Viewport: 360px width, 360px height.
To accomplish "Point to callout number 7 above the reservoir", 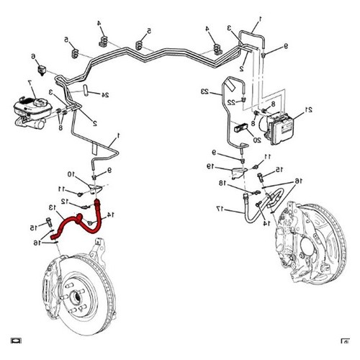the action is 30,83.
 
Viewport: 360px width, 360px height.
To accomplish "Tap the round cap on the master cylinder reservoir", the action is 40,103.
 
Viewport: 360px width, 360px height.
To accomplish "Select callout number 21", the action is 308,109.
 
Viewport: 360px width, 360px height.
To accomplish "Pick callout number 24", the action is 105,95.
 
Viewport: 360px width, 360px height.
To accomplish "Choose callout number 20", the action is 257,140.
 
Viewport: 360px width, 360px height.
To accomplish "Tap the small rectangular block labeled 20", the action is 240,127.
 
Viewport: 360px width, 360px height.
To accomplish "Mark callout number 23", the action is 205,91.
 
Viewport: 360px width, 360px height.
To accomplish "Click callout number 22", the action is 231,103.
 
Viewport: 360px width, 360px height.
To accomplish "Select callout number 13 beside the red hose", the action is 52,207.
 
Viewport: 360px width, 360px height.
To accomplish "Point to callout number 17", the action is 220,209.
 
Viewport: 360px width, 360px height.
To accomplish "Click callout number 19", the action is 210,166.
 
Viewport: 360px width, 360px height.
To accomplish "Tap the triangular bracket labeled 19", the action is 239,172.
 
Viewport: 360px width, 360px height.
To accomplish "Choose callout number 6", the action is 33,56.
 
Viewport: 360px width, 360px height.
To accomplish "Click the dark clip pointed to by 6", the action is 42,70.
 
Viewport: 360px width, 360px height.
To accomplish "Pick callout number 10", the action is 71,174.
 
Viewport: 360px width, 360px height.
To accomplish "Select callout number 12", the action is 65,201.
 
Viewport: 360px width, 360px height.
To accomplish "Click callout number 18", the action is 222,183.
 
